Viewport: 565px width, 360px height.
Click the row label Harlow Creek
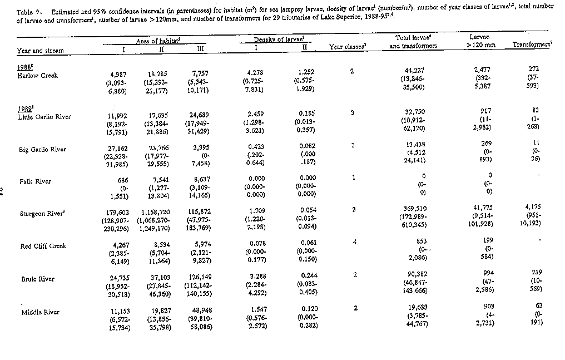point(37,75)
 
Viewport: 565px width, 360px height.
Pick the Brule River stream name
point(37,279)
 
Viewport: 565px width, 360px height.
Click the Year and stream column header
point(40,50)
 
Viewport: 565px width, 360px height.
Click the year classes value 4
point(354,241)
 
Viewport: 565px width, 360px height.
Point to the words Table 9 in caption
point(26,12)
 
